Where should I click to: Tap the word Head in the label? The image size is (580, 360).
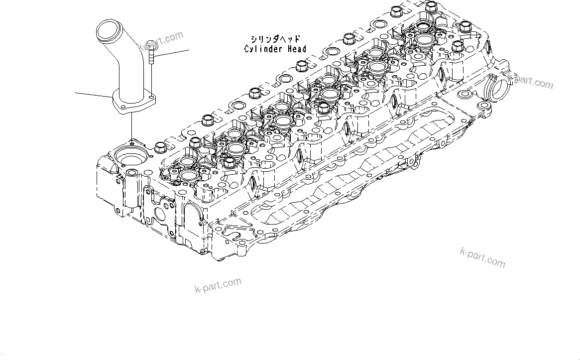coord(296,49)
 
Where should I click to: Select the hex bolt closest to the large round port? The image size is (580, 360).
coord(160,147)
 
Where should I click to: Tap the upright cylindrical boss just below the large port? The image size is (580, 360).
coord(131,189)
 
